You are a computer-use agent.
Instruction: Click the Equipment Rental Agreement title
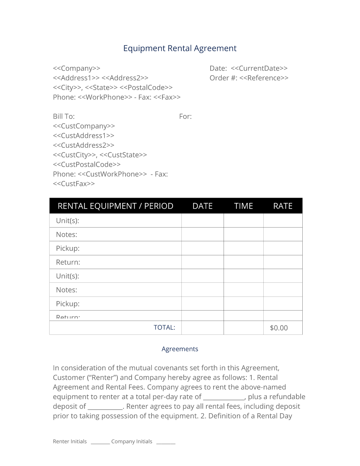click(x=180, y=48)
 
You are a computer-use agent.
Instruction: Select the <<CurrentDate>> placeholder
click(x=259, y=68)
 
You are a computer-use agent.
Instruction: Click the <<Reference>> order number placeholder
click(x=264, y=78)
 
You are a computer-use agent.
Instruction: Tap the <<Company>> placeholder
click(x=77, y=68)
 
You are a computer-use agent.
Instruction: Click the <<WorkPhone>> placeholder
click(x=105, y=97)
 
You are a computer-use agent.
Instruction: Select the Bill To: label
click(x=64, y=116)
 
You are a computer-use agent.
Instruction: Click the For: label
click(x=185, y=116)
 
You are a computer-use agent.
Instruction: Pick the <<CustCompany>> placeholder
click(x=84, y=126)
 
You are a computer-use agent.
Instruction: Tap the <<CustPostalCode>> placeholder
click(x=86, y=164)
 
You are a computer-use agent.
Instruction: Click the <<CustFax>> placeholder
click(x=74, y=184)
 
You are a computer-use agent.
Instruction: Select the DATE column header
click(x=202, y=206)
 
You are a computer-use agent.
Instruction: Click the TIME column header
click(x=243, y=206)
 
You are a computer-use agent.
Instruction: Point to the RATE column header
click(x=283, y=206)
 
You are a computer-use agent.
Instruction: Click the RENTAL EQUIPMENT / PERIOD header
click(x=115, y=206)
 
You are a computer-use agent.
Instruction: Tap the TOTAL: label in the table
click(x=164, y=327)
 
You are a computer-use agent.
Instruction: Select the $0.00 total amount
click(x=279, y=328)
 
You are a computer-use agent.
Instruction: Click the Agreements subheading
click(x=180, y=349)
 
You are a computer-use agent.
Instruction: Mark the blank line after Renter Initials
click(x=100, y=443)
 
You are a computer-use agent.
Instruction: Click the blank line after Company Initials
click(x=166, y=443)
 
